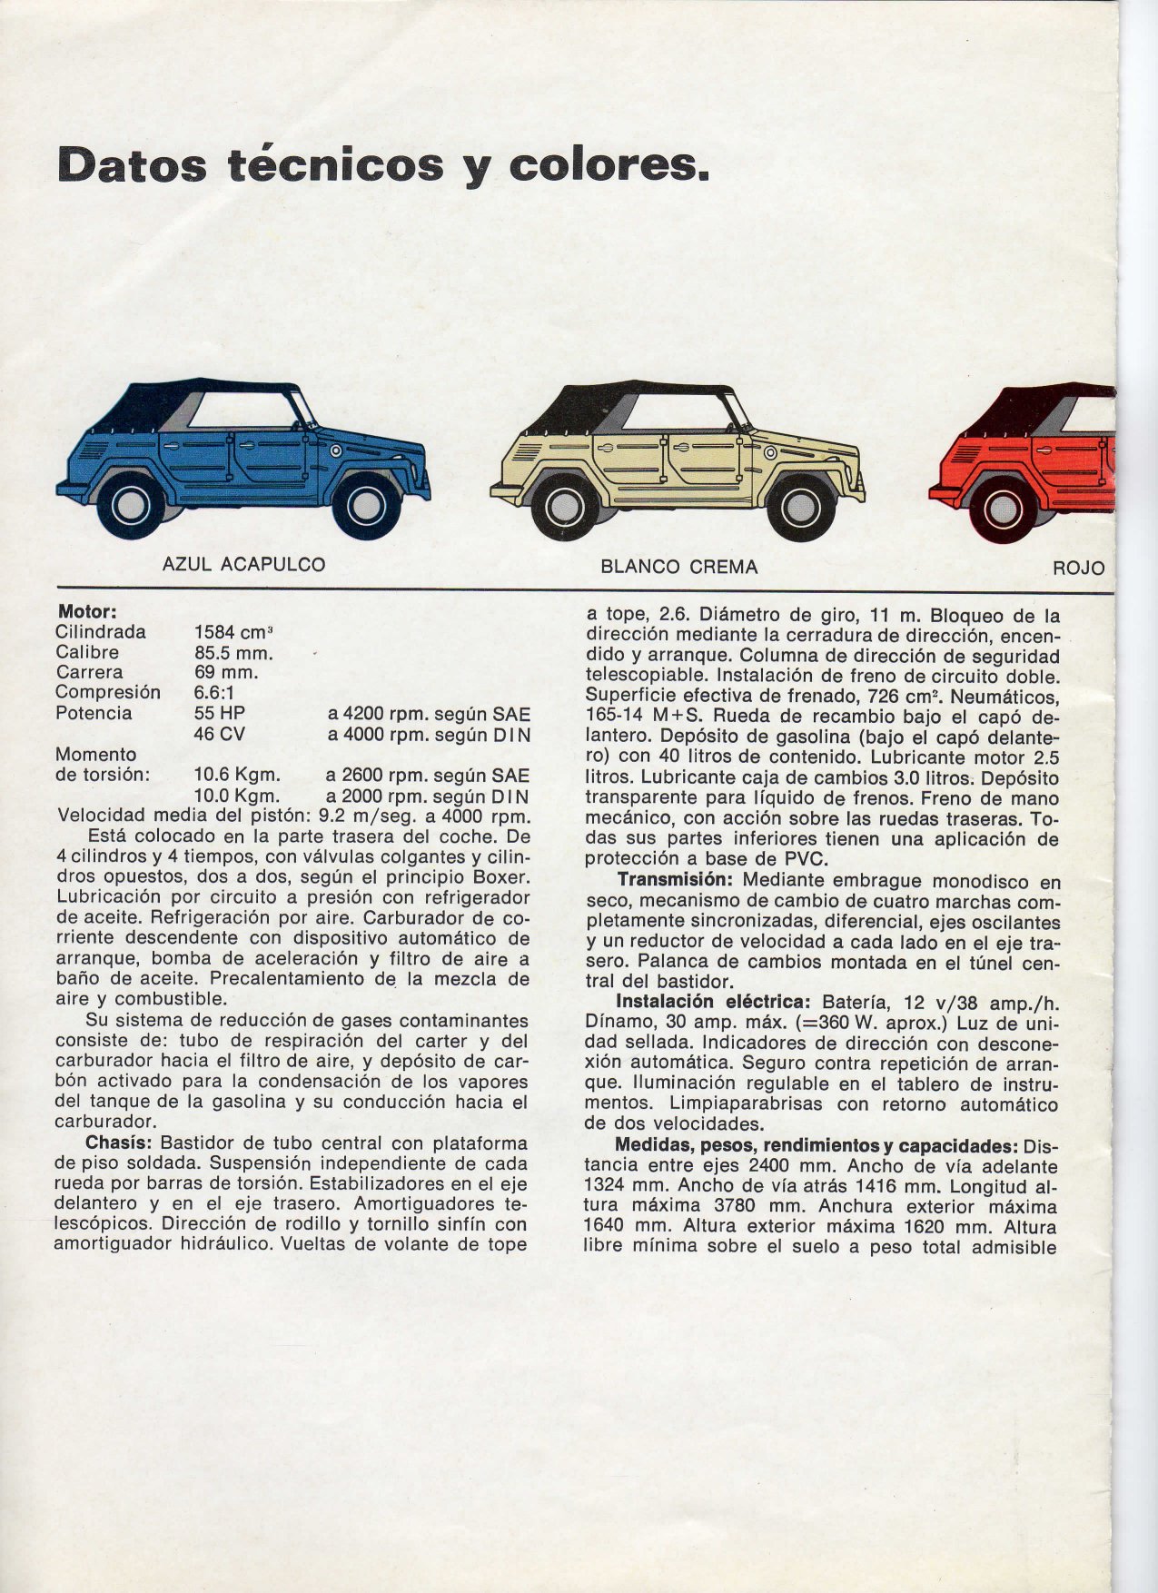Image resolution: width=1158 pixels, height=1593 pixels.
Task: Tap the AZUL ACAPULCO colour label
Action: [243, 564]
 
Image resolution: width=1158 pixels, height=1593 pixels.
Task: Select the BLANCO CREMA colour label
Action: [678, 567]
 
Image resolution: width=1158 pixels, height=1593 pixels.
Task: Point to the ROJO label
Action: [1079, 568]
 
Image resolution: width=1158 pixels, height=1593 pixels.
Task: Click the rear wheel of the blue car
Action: [134, 504]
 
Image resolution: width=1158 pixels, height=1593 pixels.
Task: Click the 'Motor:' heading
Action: [88, 611]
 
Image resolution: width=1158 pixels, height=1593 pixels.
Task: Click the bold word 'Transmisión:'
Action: [676, 879]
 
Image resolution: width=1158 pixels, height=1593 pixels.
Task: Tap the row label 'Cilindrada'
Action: [101, 632]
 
